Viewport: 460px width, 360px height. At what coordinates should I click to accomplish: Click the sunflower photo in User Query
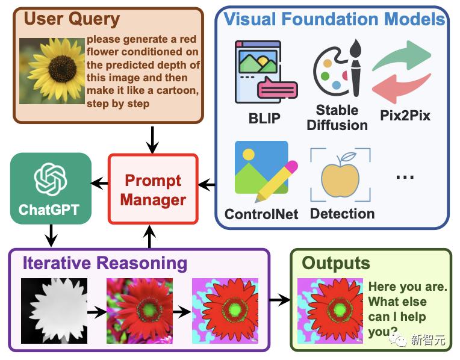click(52, 72)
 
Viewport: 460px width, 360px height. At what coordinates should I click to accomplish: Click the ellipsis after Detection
click(406, 177)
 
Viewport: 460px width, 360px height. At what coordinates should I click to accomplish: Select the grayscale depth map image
click(54, 311)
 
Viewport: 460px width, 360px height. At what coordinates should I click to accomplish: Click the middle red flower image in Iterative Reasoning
click(140, 311)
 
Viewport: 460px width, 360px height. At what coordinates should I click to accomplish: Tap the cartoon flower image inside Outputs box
click(331, 311)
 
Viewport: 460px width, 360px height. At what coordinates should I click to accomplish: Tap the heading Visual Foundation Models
click(334, 19)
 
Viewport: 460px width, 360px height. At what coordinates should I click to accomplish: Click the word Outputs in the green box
click(335, 263)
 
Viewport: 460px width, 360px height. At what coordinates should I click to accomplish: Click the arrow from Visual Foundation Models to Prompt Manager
click(207, 185)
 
